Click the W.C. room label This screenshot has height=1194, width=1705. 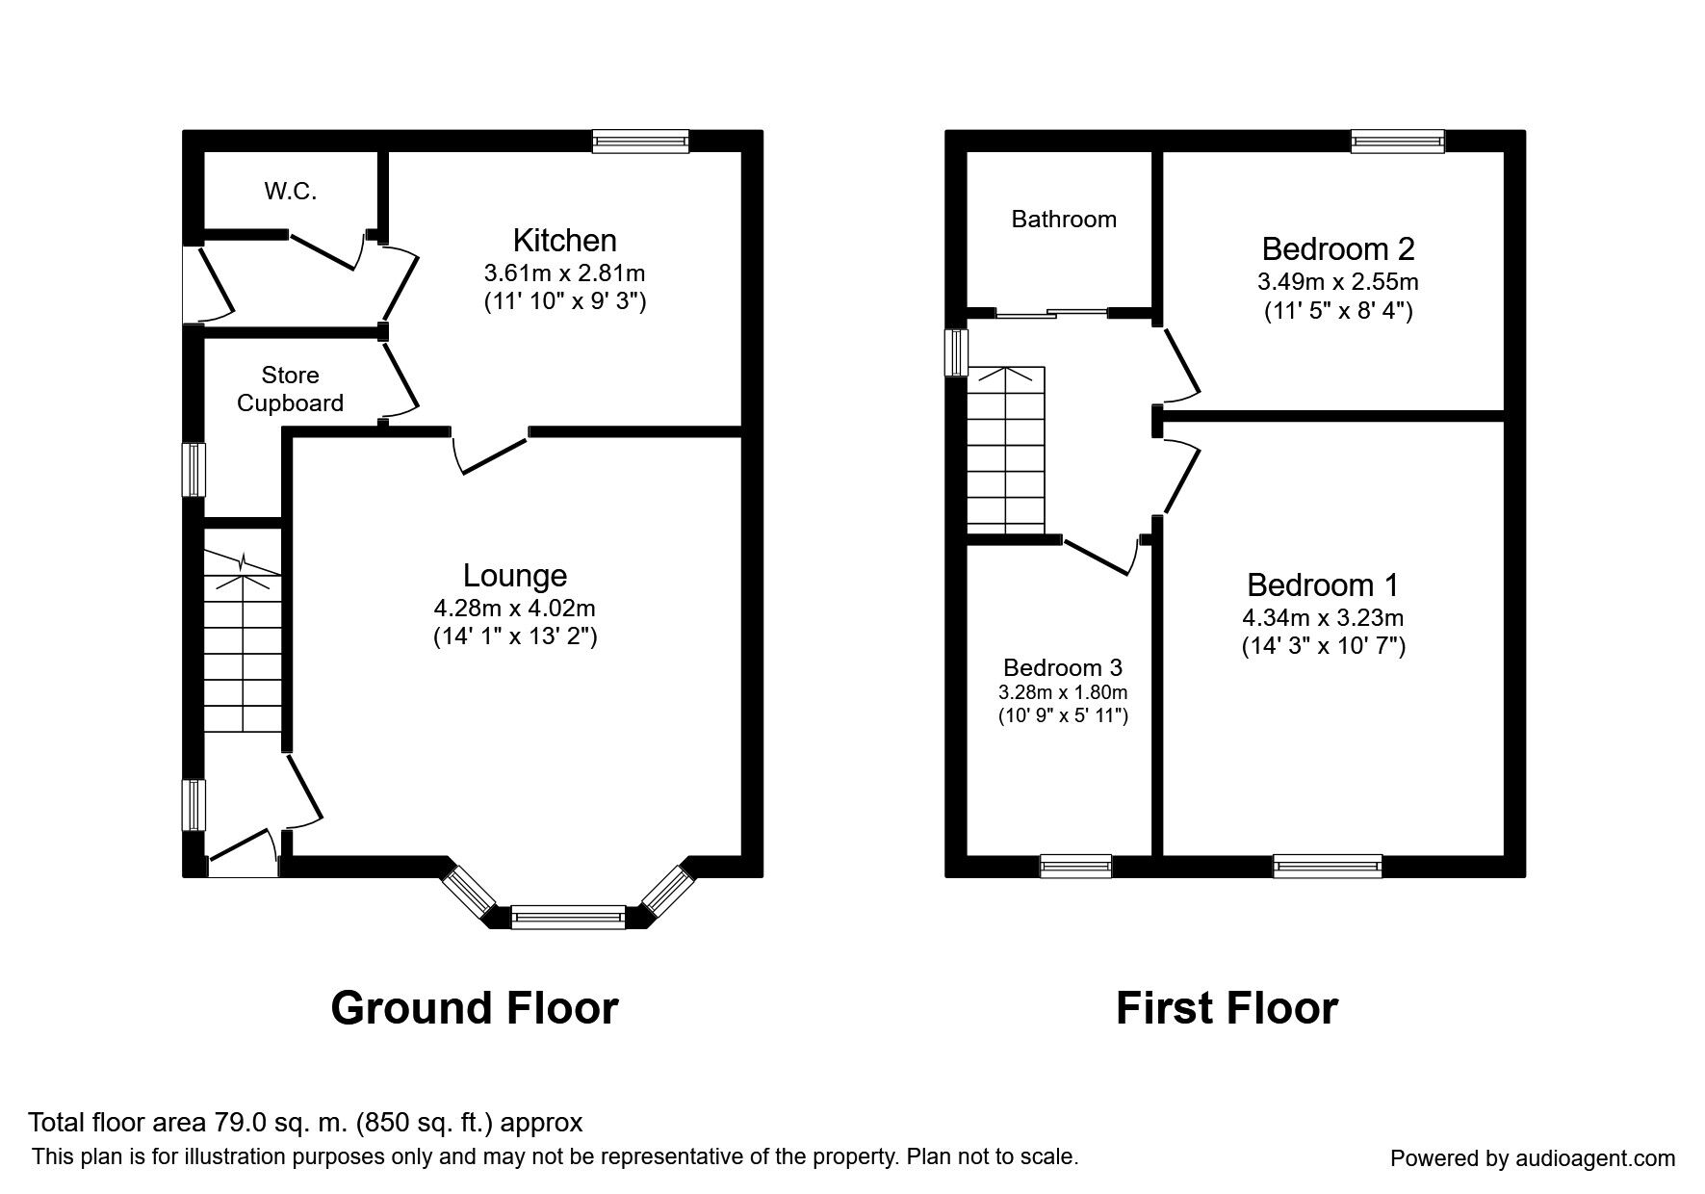pyautogui.click(x=290, y=192)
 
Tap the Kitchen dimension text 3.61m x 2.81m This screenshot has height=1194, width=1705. pyautogui.click(x=564, y=273)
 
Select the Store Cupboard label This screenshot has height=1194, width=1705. pyautogui.click(x=290, y=389)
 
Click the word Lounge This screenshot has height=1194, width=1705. pyautogui.click(x=514, y=576)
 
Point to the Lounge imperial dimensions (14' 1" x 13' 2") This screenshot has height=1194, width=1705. pyautogui.click(x=514, y=636)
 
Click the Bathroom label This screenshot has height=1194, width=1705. pyautogui.click(x=1063, y=220)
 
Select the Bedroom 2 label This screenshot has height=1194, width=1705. pyautogui.click(x=1337, y=249)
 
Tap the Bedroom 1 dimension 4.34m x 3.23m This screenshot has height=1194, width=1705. pyautogui.click(x=1322, y=618)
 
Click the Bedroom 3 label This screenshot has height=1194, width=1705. pyautogui.click(x=1062, y=667)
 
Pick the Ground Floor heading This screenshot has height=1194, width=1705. pyautogui.click(x=474, y=1008)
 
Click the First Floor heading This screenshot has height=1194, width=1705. pyautogui.click(x=1226, y=1008)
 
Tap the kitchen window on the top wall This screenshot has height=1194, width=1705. pyautogui.click(x=640, y=142)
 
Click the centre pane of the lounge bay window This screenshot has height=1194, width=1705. pyautogui.click(x=568, y=917)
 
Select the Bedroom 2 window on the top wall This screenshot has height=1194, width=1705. pyautogui.click(x=1397, y=142)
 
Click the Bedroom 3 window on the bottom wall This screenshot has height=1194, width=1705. pyautogui.click(x=1075, y=866)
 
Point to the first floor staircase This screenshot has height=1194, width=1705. pyautogui.click(x=1005, y=450)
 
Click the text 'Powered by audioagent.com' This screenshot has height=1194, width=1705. pyautogui.click(x=1532, y=1158)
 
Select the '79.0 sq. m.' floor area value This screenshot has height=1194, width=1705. pyautogui.click(x=278, y=1123)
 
